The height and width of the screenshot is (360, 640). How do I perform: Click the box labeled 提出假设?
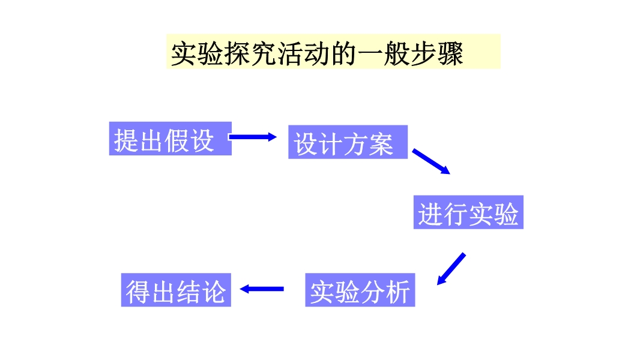[x=170, y=139]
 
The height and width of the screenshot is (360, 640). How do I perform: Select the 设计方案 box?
[x=348, y=142]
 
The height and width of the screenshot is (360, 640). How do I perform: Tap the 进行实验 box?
[x=468, y=212]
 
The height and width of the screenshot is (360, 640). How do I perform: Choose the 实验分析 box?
[x=360, y=290]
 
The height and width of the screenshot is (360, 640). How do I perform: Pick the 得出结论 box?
[x=176, y=290]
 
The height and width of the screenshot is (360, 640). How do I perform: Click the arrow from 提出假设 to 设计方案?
[x=253, y=137]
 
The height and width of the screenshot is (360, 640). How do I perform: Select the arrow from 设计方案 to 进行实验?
[x=431, y=161]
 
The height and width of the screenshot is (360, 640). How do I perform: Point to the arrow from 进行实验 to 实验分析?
[x=451, y=268]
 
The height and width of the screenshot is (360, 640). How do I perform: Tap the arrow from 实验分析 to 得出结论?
[x=262, y=289]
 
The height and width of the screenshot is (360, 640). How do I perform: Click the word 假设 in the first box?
[x=189, y=140]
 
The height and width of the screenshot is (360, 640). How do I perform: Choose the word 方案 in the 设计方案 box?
[x=369, y=143]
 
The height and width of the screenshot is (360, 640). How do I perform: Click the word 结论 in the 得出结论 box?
[x=201, y=291]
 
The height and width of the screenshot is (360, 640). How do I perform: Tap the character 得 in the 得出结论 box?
[x=137, y=291]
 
